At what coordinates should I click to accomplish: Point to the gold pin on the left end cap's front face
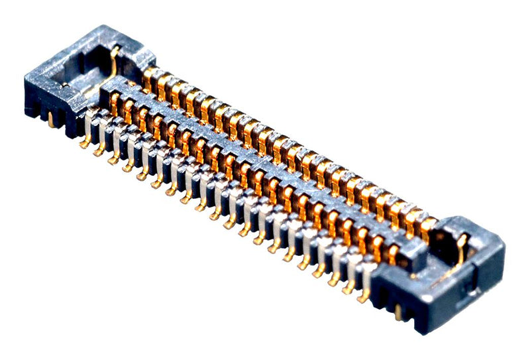click(x=51, y=119)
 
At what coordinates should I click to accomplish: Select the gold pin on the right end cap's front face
click(x=397, y=311)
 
